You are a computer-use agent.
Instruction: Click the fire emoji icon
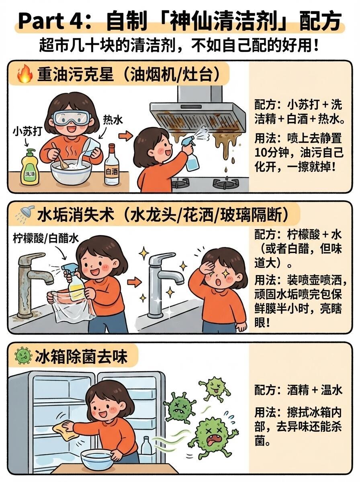coord(25,74)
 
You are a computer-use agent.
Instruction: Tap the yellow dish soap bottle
coord(30,167)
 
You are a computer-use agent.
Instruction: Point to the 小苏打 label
coord(27,132)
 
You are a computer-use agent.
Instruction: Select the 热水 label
coord(113,120)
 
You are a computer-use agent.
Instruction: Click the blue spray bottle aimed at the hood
coord(191,153)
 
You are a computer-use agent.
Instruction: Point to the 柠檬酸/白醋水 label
coord(45,239)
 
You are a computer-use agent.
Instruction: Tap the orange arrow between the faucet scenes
coord(135,282)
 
